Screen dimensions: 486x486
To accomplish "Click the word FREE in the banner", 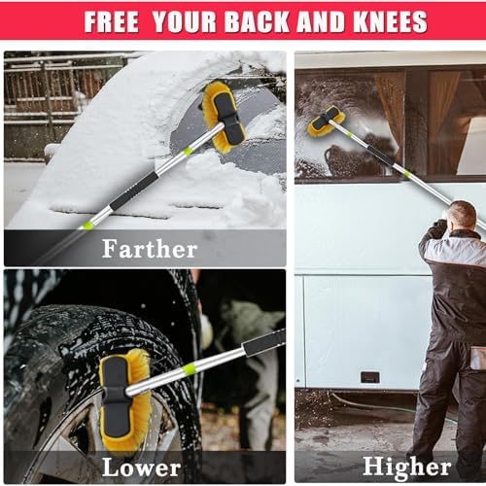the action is click(x=112, y=21).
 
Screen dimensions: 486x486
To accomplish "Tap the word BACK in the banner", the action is click(x=257, y=21).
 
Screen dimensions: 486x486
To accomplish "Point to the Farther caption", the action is click(x=150, y=249).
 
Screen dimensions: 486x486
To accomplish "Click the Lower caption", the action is click(x=141, y=468).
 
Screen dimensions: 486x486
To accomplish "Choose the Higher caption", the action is click(x=407, y=468).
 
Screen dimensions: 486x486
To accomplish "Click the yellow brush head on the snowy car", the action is click(x=224, y=118).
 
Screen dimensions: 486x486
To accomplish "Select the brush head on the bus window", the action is click(x=326, y=121).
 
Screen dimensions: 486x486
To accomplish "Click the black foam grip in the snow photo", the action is click(x=134, y=191).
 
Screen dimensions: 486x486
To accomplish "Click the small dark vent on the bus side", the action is click(x=370, y=377).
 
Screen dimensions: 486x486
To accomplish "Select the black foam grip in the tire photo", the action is click(x=264, y=343).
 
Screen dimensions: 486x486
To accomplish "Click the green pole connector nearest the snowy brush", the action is click(x=187, y=152).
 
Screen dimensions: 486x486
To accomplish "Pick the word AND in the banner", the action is click(x=320, y=21).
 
